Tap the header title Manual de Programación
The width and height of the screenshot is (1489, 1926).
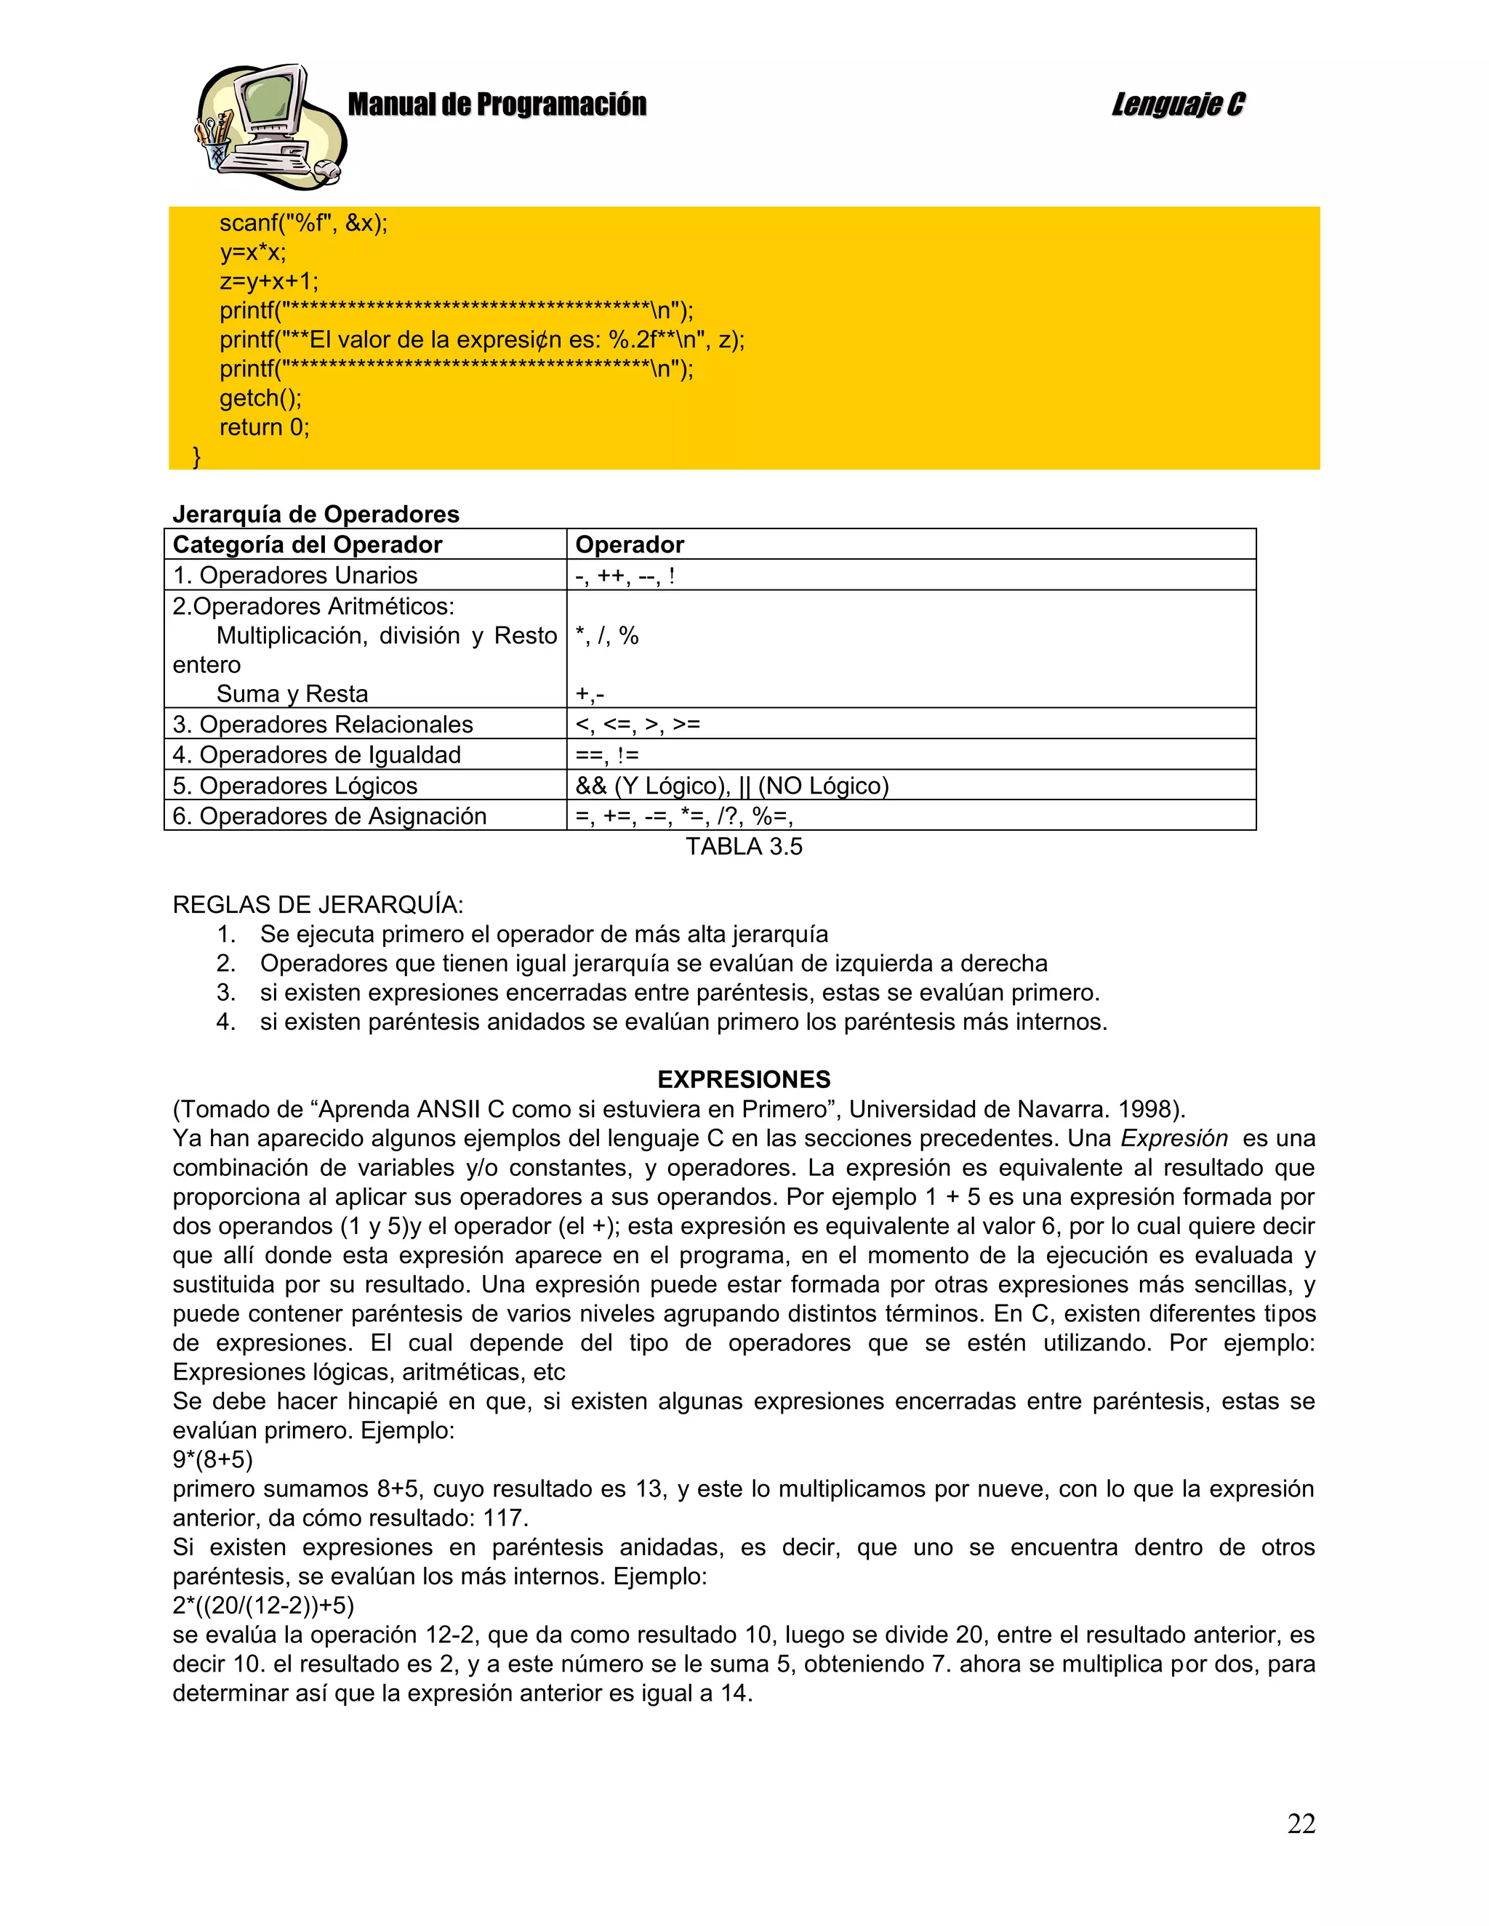tap(497, 105)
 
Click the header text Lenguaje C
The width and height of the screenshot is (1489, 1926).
tap(1178, 105)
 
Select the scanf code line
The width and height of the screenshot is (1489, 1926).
tap(303, 223)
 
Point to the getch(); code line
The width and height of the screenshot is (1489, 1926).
tap(260, 398)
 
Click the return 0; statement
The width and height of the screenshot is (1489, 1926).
tap(265, 427)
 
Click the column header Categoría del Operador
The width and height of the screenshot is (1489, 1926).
tap(307, 545)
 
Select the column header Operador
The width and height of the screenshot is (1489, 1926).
tap(629, 545)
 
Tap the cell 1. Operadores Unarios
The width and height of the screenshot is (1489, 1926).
tap(294, 576)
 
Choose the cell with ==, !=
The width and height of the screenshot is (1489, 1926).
tap(607, 756)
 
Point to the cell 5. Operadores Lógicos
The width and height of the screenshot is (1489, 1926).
tap(294, 786)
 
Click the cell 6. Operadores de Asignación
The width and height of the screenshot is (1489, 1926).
tap(329, 817)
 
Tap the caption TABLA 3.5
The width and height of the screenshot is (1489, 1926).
tap(744, 847)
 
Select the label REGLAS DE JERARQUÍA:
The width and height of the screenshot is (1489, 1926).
tap(318, 905)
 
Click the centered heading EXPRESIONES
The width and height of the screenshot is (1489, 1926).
tap(744, 1079)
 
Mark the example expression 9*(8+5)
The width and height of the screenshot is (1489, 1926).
tap(212, 1459)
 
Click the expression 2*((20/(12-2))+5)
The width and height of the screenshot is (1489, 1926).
tap(263, 1605)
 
